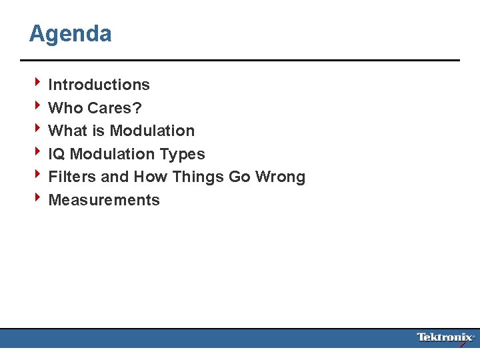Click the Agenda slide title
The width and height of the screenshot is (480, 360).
click(70, 33)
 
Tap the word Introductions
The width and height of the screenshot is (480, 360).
click(99, 85)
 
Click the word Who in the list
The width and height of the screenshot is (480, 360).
click(65, 108)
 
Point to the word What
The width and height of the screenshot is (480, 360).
click(67, 131)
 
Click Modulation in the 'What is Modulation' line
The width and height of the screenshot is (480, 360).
click(152, 131)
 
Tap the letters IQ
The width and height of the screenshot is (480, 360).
click(57, 154)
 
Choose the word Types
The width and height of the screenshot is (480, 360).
click(182, 155)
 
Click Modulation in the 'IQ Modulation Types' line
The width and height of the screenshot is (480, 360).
click(112, 154)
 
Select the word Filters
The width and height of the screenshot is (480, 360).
click(72, 177)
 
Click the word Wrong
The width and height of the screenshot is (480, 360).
click(280, 177)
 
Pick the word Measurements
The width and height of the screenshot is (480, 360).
click(104, 200)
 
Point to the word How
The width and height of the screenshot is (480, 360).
click(151, 177)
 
